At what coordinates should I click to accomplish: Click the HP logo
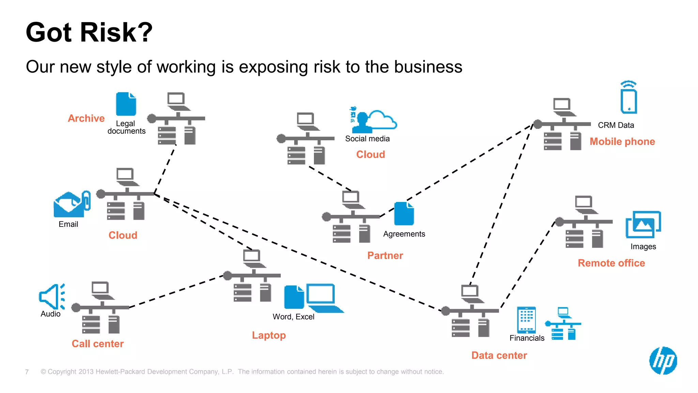(663, 361)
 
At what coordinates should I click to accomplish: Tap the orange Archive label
(86, 118)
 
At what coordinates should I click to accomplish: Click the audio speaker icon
(51, 296)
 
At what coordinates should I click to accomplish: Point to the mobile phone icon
(628, 99)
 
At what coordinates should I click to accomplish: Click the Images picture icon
(643, 224)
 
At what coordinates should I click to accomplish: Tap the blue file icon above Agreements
(404, 214)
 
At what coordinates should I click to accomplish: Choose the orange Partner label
(385, 256)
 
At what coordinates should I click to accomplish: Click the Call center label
(97, 344)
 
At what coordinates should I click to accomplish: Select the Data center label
(499, 355)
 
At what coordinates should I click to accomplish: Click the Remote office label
(611, 263)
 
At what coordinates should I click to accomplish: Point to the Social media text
(367, 139)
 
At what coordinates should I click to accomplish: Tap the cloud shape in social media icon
(382, 120)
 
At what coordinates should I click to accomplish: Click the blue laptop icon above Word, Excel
(323, 297)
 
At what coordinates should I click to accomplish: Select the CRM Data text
(616, 125)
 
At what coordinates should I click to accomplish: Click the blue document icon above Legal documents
(126, 104)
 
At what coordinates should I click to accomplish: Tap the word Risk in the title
(116, 32)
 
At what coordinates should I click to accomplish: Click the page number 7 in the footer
(27, 372)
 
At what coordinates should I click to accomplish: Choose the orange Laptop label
(269, 335)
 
